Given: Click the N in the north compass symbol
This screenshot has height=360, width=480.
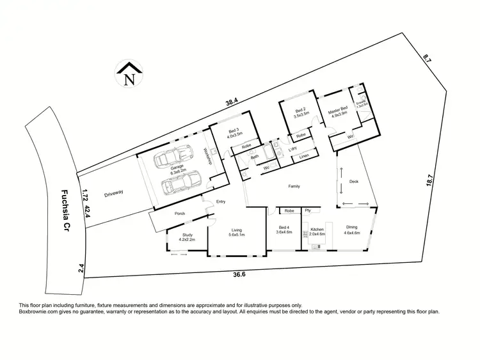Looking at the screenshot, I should pyautogui.click(x=130, y=80).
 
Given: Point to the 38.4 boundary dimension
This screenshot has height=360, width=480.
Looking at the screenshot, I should pyautogui.click(x=231, y=101).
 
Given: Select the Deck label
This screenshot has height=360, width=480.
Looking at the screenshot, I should pyautogui.click(x=354, y=182).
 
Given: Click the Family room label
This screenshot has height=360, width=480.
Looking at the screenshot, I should pyautogui.click(x=294, y=186).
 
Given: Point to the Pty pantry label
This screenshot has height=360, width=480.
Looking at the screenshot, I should pyautogui.click(x=308, y=210).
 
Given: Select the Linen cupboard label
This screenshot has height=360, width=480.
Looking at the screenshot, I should pyautogui.click(x=304, y=156).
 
